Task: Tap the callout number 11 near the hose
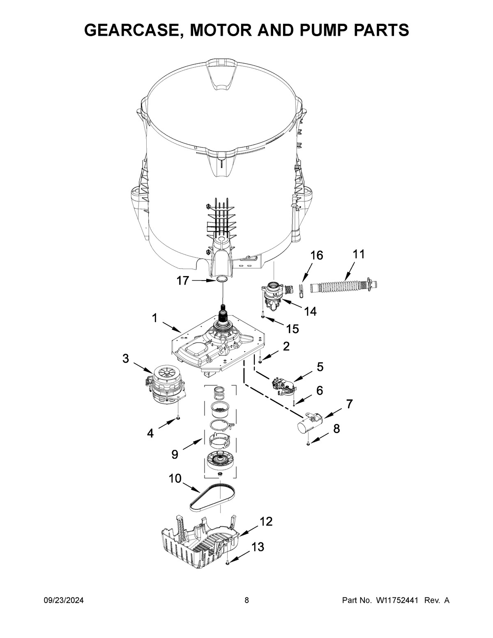358,254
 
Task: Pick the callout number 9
175,454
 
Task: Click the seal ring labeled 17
222,279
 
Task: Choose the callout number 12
266,521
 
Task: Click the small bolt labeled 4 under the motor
177,418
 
